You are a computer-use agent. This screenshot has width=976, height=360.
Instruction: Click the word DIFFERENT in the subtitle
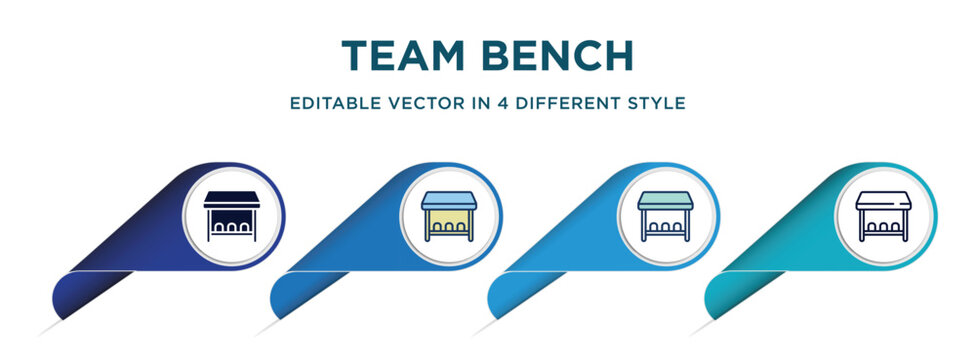point(559,103)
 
